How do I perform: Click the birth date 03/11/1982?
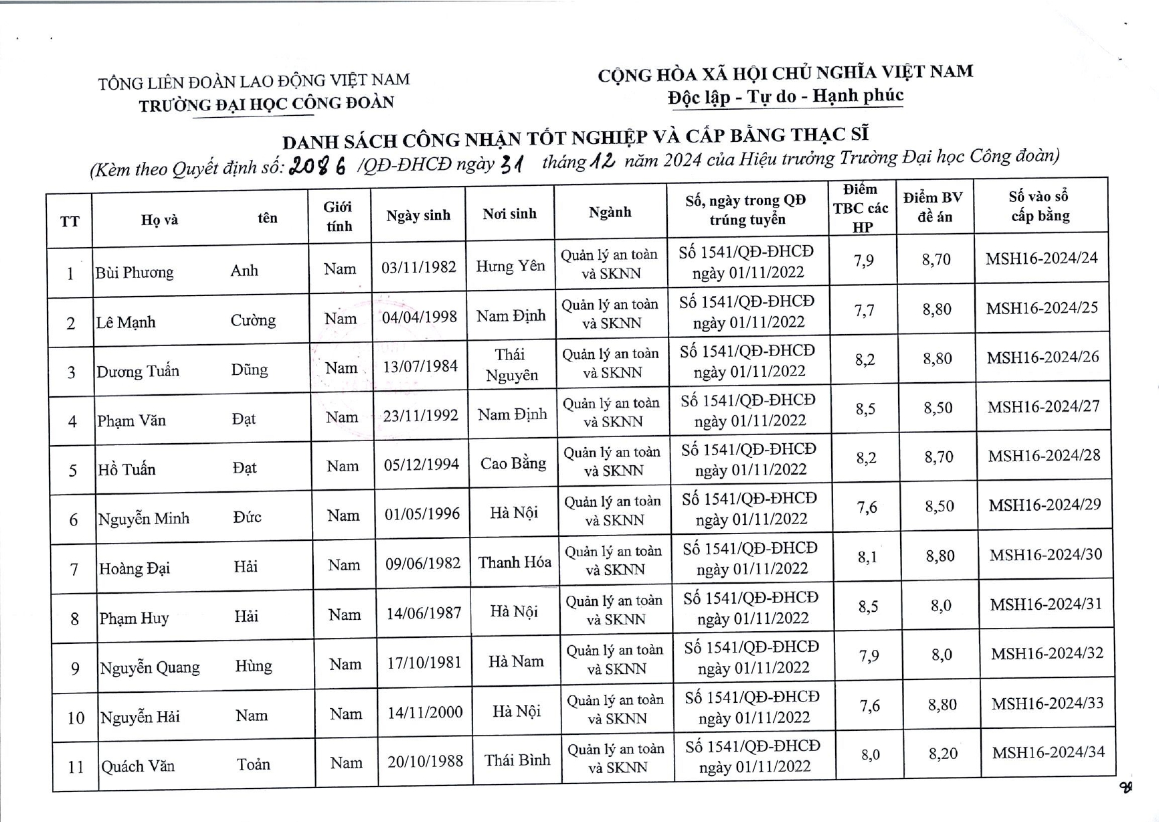coord(419,267)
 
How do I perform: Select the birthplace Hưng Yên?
coord(511,266)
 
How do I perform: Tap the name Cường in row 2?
coord(253,320)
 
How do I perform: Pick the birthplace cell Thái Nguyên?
coord(512,365)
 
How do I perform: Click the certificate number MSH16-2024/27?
coord(1043,406)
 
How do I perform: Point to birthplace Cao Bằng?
coord(513,463)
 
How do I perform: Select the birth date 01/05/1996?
coord(422,514)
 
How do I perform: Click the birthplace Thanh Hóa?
coord(515,562)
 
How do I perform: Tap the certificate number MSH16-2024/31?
coord(1046,604)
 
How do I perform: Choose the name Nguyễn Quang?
coord(150,667)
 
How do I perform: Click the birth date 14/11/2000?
coord(425,712)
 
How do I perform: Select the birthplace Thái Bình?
coord(517,760)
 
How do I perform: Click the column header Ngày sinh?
coord(418,216)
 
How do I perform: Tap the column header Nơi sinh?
coord(510,214)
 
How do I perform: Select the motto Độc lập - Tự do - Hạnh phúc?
coord(786,96)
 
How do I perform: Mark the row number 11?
coord(76,767)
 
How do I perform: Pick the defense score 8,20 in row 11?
coord(943,754)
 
